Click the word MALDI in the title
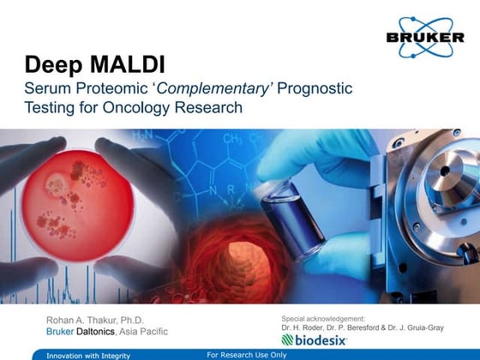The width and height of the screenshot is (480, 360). (113, 65)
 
